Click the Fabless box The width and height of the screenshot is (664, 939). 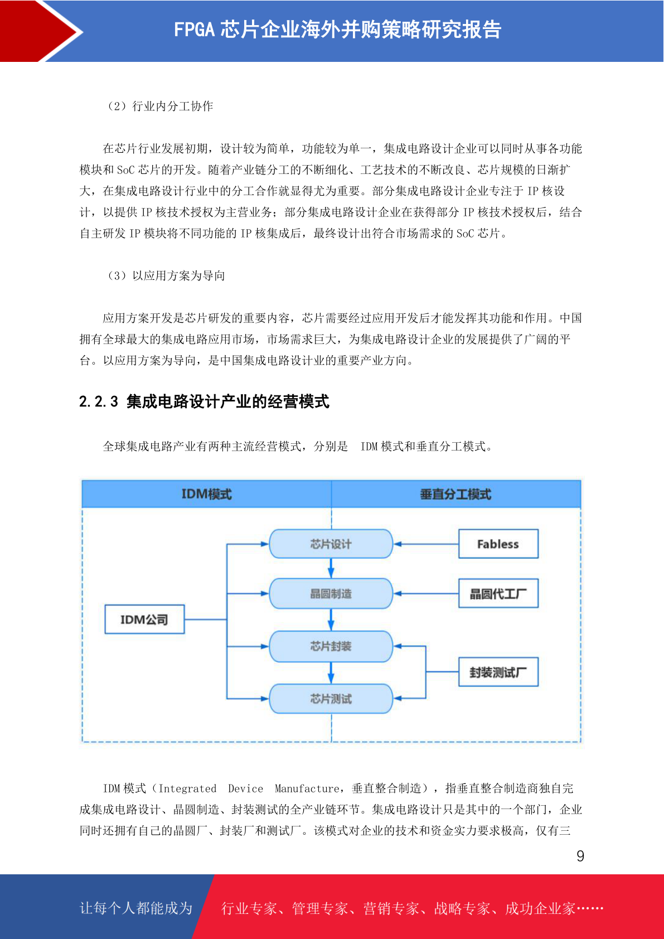click(x=498, y=544)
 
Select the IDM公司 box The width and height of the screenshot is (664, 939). click(x=144, y=619)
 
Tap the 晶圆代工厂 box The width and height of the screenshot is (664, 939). click(x=498, y=593)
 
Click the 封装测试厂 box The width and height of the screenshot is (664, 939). click(x=498, y=672)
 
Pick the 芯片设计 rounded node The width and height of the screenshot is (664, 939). click(x=331, y=544)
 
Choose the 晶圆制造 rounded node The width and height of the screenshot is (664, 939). click(x=331, y=593)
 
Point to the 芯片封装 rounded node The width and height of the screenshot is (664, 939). click(x=331, y=646)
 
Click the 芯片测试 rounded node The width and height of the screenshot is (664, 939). click(x=331, y=698)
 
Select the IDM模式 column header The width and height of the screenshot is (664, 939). click(x=207, y=494)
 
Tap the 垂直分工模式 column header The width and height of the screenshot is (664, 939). click(x=456, y=494)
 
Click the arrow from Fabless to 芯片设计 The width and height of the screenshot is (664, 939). click(x=426, y=544)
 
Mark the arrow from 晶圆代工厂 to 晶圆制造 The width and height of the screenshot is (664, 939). click(x=426, y=593)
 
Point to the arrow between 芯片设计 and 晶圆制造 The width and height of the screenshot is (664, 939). click(x=331, y=568)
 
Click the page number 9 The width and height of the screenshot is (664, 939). click(x=580, y=855)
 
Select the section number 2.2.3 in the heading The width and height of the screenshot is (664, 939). click(x=99, y=401)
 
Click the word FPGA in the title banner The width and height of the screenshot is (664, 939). click(x=194, y=30)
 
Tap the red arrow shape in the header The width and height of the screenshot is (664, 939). click(x=40, y=31)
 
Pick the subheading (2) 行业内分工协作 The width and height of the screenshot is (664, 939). click(x=159, y=106)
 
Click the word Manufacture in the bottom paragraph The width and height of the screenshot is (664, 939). click(x=307, y=788)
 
